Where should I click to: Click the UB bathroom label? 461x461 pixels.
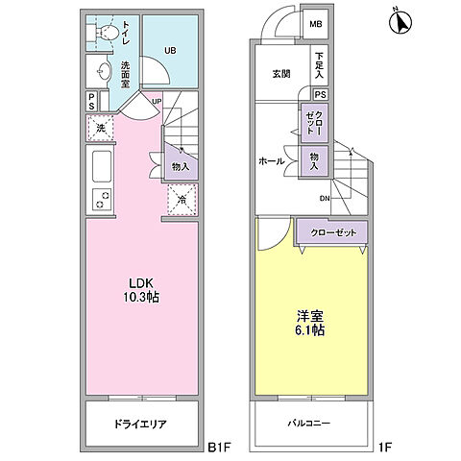click(x=169, y=51)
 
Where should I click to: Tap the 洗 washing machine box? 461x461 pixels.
click(x=99, y=128)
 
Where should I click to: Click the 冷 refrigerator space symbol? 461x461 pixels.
click(x=182, y=200)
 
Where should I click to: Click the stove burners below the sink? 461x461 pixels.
click(x=100, y=201)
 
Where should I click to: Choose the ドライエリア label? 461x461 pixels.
click(x=141, y=423)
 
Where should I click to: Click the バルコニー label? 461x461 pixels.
click(x=310, y=423)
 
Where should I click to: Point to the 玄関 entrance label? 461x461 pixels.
click(x=280, y=74)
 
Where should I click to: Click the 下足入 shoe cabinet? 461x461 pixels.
click(x=318, y=65)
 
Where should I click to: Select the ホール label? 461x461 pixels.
click(x=272, y=161)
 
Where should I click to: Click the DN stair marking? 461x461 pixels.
click(x=327, y=199)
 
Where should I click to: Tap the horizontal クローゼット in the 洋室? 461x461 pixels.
click(x=331, y=231)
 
